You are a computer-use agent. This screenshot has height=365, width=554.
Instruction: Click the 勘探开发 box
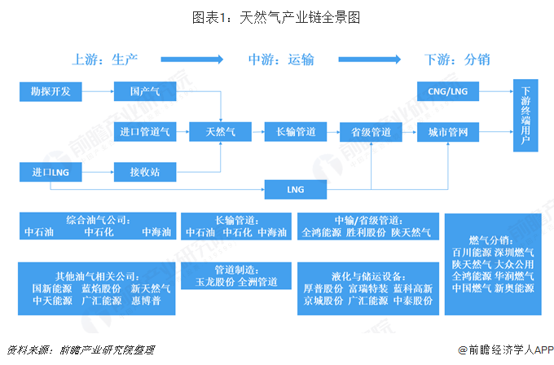(51, 92)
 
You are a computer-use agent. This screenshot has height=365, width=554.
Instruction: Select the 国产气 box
(145, 91)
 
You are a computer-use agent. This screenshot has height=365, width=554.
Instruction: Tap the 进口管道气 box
(145, 132)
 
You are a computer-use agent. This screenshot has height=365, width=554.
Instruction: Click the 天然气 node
(221, 132)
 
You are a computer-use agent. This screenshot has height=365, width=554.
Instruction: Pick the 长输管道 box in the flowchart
(296, 132)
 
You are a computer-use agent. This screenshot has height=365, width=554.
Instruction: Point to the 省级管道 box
(371, 132)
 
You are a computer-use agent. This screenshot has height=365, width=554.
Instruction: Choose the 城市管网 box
(448, 132)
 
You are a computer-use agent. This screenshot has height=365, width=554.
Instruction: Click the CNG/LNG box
(448, 91)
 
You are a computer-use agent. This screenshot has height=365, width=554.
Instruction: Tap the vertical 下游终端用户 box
(525, 116)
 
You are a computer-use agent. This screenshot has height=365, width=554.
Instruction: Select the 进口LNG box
(51, 172)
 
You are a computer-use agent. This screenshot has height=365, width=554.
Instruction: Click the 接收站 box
(145, 172)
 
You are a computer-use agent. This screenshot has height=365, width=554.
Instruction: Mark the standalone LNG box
(296, 190)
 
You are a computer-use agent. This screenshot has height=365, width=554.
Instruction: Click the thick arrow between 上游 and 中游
(191, 59)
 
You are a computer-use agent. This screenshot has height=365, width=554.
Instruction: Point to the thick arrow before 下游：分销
(370, 59)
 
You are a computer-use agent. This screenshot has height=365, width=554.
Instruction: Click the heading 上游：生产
(105, 59)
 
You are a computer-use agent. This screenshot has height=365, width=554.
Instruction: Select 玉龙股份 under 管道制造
(215, 282)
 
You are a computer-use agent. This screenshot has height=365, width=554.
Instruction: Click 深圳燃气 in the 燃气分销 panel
(514, 253)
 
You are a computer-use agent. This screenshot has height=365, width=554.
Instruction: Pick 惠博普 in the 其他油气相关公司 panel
(146, 301)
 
